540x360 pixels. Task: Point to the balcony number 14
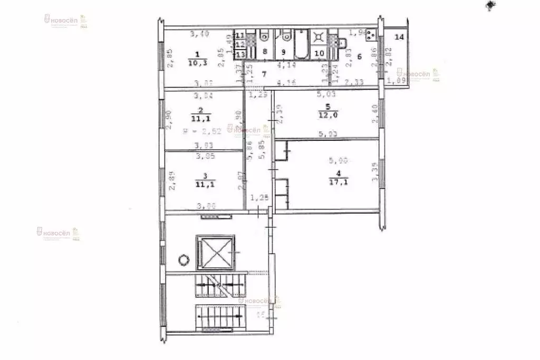tap(400, 37)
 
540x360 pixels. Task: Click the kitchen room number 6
tap(360, 57)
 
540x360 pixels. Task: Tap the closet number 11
tap(240, 36)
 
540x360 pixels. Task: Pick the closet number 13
tap(240, 55)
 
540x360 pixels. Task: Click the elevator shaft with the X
tap(215, 253)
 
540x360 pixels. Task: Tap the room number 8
tap(265, 52)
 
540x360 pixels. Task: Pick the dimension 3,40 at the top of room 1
tap(198, 35)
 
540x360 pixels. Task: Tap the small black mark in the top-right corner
tap(491, 5)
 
